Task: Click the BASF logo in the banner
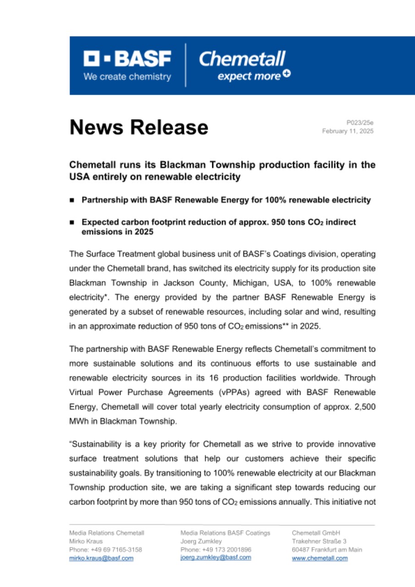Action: (127, 59)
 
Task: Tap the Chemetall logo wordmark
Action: (242, 59)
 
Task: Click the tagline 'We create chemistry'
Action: (127, 77)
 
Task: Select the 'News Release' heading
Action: (139, 127)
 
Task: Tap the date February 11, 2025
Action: (348, 131)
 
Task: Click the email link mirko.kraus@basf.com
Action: (101, 558)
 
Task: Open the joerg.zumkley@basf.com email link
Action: (216, 557)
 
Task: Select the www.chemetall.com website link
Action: (320, 558)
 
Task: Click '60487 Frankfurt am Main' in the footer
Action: (326, 549)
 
